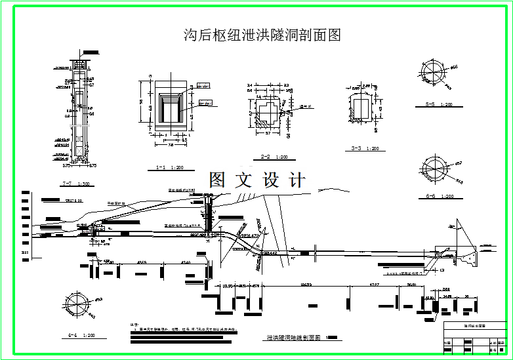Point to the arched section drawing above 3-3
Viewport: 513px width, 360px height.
pos(361,108)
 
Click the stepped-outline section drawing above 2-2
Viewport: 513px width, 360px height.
pos(266,111)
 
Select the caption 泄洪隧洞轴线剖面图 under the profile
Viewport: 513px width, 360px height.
pos(293,338)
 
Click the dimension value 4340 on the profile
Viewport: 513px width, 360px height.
pos(186,262)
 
